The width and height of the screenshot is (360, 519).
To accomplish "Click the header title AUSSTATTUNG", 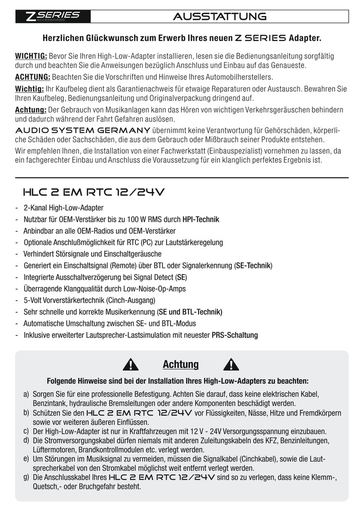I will [220, 17].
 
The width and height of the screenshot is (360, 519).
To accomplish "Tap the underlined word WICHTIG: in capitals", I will [31, 56].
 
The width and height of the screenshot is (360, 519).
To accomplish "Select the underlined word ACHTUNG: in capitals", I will [32, 77].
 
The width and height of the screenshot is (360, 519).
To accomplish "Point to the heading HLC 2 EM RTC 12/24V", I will [93, 192].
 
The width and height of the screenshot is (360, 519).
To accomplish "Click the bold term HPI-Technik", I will [201, 219].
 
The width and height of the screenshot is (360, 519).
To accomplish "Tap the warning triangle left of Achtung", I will [133, 365].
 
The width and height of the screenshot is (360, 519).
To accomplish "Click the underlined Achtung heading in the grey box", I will [181, 364].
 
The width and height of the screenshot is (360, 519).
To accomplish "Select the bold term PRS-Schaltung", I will [234, 335].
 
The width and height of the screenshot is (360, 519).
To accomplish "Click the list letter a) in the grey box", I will [26, 394].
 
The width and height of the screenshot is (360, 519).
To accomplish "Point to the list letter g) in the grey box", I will [26, 476].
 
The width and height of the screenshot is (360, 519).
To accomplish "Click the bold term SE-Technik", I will [253, 265].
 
